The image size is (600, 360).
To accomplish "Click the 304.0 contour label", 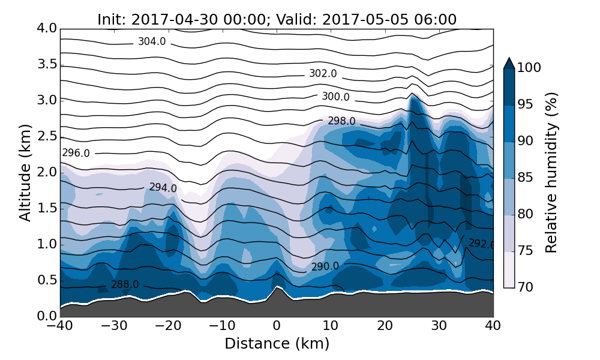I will click(152, 42).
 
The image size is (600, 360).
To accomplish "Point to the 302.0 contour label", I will click(323, 74).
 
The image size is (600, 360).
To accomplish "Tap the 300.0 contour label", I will click(335, 97).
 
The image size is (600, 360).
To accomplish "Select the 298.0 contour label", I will click(341, 121).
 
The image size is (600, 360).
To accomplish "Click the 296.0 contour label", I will click(76, 153).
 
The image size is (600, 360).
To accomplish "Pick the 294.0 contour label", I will click(163, 188).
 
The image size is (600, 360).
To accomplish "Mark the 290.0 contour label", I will click(325, 266).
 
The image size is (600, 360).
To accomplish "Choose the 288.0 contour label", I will click(125, 284).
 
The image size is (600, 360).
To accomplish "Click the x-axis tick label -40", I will click(60, 326).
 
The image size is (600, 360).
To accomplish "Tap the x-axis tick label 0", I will click(277, 326).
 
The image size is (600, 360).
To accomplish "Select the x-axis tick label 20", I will click(385, 326).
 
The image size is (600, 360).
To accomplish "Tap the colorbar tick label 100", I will click(529, 68).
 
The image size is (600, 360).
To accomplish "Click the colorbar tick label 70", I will click(526, 287).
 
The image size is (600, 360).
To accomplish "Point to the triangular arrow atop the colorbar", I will click(509, 63).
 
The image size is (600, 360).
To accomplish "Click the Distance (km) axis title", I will click(277, 344).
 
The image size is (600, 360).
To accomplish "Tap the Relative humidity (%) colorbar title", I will click(551, 173).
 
